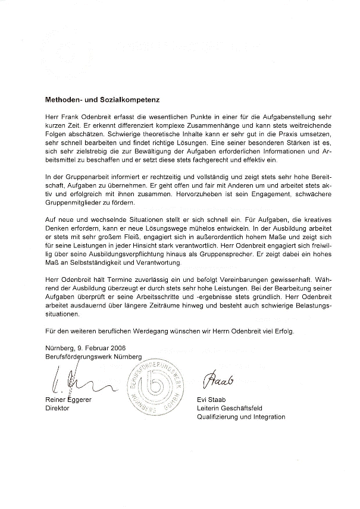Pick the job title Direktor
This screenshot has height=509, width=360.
coord(57,409)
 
